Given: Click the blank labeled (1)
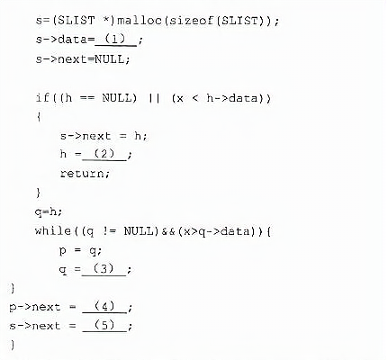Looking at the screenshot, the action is pyautogui.click(x=115, y=40).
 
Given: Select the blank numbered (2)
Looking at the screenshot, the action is pyautogui.click(x=104, y=155).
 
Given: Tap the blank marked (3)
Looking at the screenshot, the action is pyautogui.click(x=104, y=270).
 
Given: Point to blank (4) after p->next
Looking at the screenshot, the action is pyautogui.click(x=104, y=307).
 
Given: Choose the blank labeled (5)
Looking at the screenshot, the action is pyautogui.click(x=104, y=326).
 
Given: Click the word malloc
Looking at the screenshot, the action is pyautogui.click(x=140, y=21).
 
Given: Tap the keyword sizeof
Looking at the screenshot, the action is pyautogui.click(x=191, y=21).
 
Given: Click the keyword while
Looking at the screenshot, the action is pyautogui.click(x=53, y=230).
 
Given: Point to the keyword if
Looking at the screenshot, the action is pyautogui.click(x=42, y=98).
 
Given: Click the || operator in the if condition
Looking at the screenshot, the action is pyautogui.click(x=154, y=98).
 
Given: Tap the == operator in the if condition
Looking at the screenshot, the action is pyautogui.click(x=87, y=98).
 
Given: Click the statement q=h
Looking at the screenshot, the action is pyautogui.click(x=49, y=211).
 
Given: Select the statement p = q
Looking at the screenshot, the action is pyautogui.click(x=80, y=250).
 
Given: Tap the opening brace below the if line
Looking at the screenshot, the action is pyautogui.click(x=39, y=117).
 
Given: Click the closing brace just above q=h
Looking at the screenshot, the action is pyautogui.click(x=38, y=193).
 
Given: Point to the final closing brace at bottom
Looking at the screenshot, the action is pyautogui.click(x=13, y=345).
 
